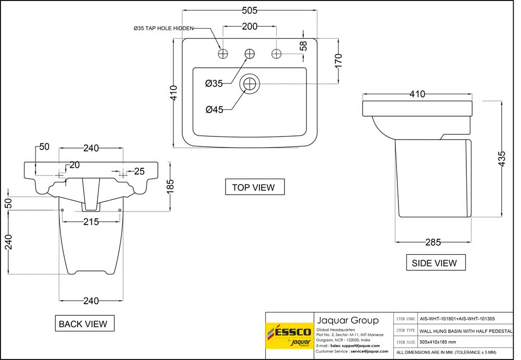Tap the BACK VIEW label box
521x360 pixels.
(83, 324)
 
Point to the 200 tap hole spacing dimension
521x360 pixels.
(250, 26)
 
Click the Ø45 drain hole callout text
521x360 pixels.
(214, 109)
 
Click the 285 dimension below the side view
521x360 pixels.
(433, 242)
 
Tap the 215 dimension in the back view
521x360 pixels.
(91, 222)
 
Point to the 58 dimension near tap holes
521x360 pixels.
(304, 46)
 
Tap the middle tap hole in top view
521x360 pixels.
(250, 53)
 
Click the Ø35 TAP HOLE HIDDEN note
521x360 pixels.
(164, 29)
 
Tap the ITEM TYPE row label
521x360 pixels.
(405, 330)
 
